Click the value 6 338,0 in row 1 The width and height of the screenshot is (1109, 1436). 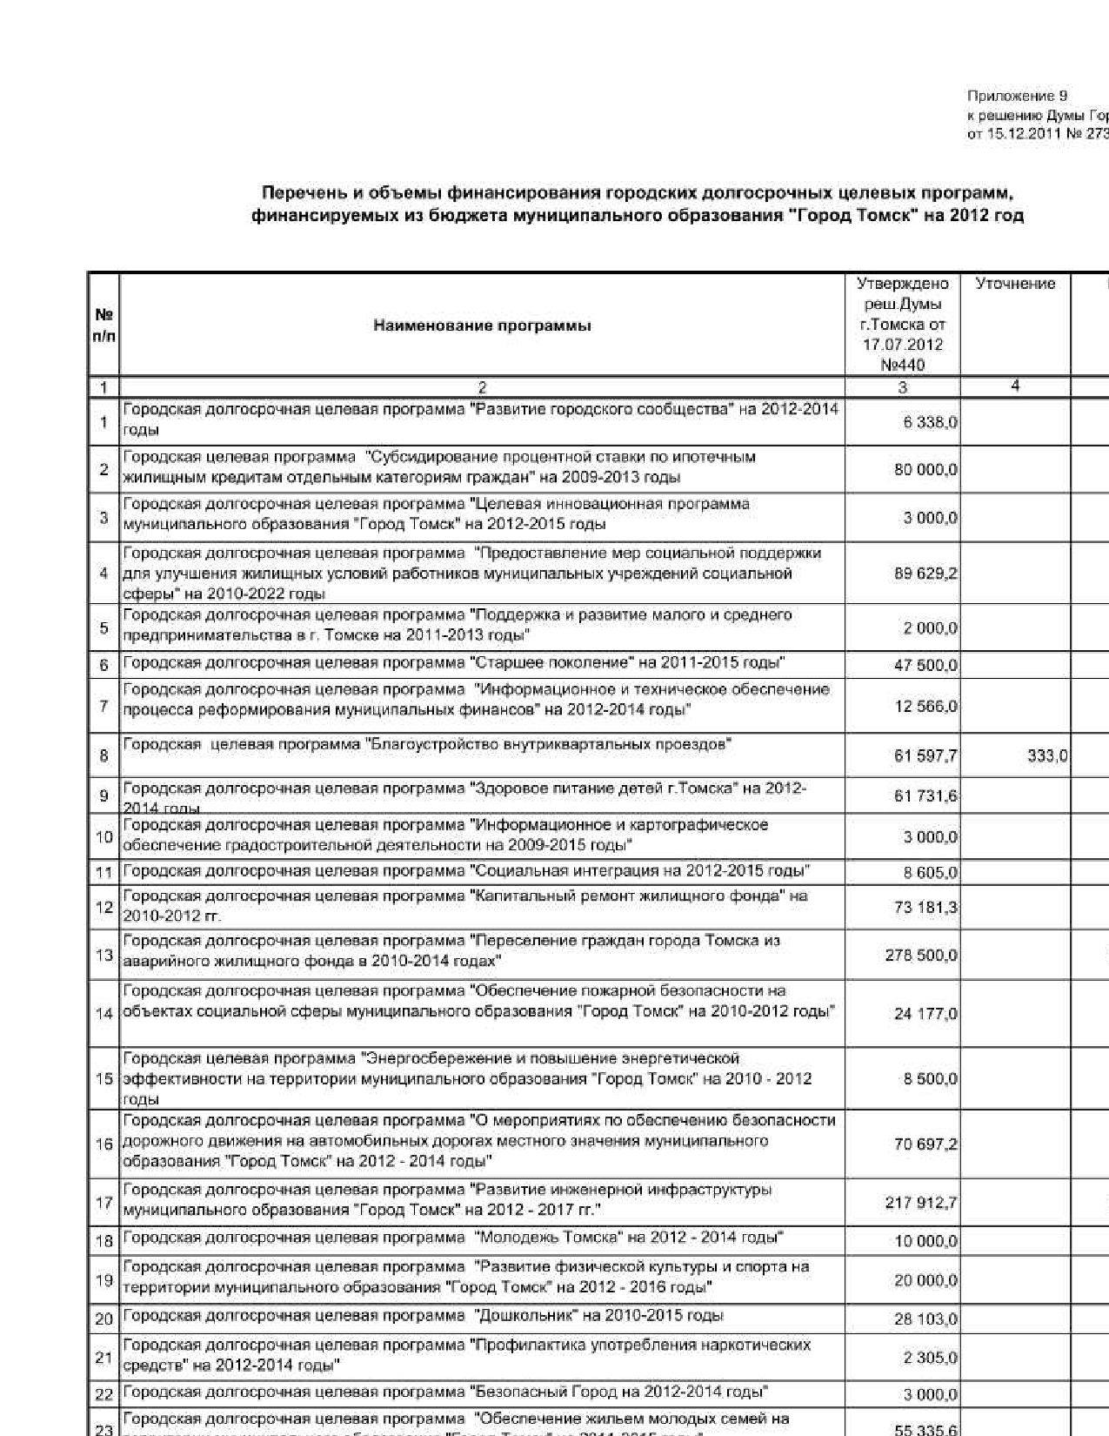point(930,423)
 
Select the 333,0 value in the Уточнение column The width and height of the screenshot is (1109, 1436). point(1046,756)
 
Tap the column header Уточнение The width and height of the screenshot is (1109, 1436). point(1015,284)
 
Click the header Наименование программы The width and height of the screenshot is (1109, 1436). point(482,325)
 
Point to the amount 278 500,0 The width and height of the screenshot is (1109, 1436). point(921,956)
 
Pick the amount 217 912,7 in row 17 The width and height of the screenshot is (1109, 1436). point(921,1203)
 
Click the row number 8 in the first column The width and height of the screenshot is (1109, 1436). point(104,756)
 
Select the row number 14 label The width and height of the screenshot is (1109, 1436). point(104,1014)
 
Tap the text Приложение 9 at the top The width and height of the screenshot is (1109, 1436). point(1017,96)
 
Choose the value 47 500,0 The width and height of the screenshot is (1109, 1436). point(925,666)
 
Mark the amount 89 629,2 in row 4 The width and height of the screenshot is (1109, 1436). point(925,574)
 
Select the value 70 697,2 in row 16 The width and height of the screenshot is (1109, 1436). point(925,1144)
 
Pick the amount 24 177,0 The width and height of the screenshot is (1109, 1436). point(925,1014)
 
